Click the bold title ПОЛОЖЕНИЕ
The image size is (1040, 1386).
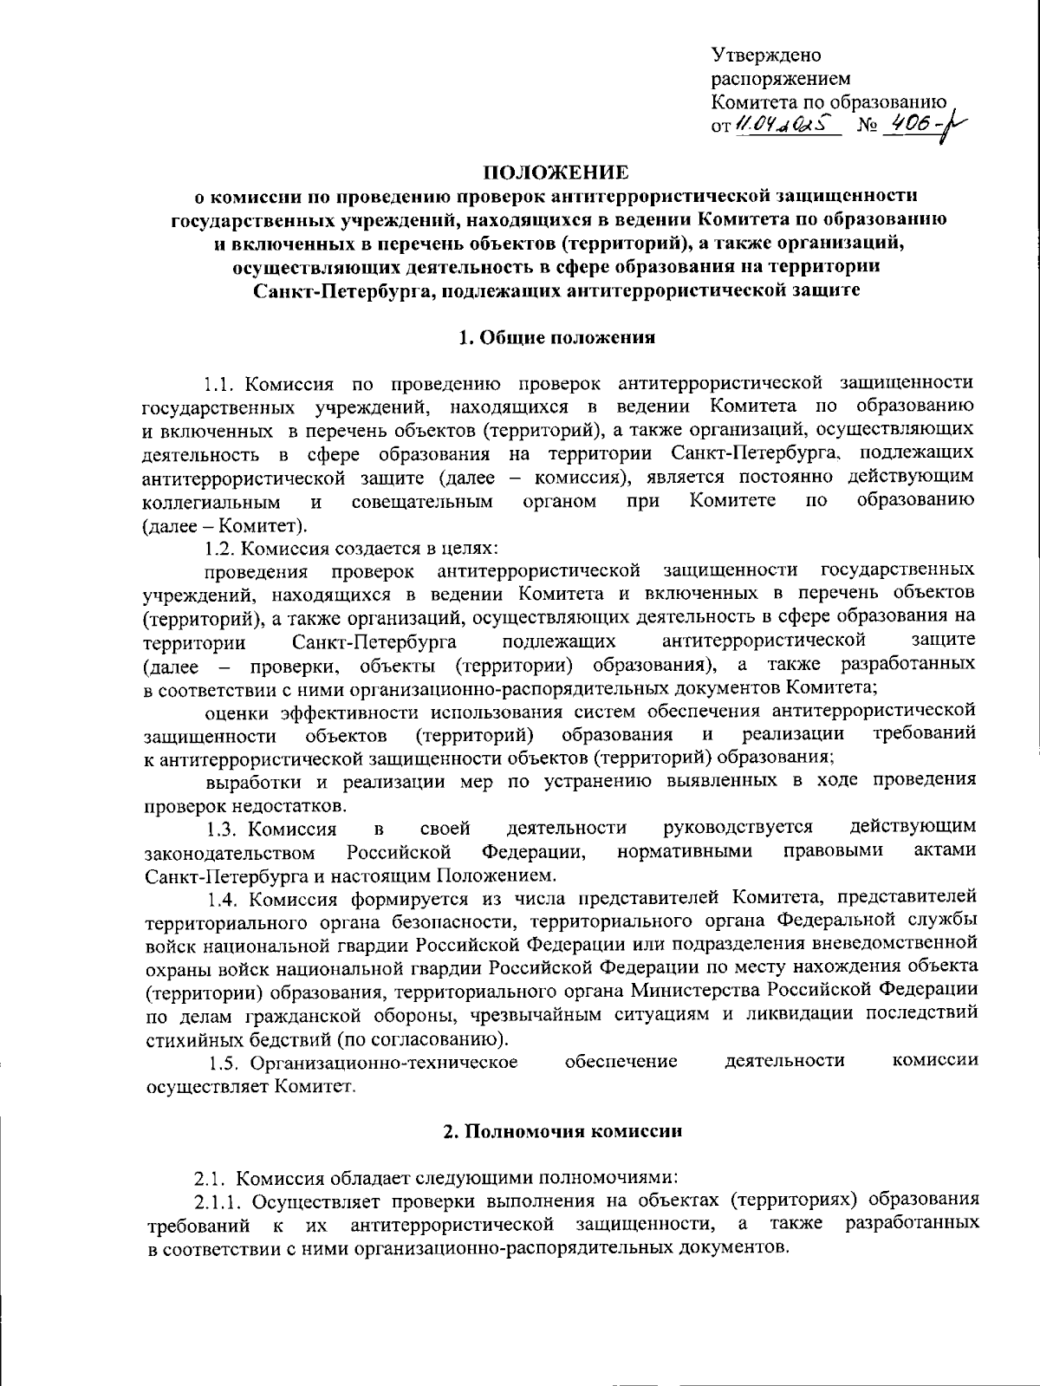pos(556,172)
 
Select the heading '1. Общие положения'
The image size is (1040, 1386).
pos(556,337)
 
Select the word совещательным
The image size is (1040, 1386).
pos(423,502)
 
